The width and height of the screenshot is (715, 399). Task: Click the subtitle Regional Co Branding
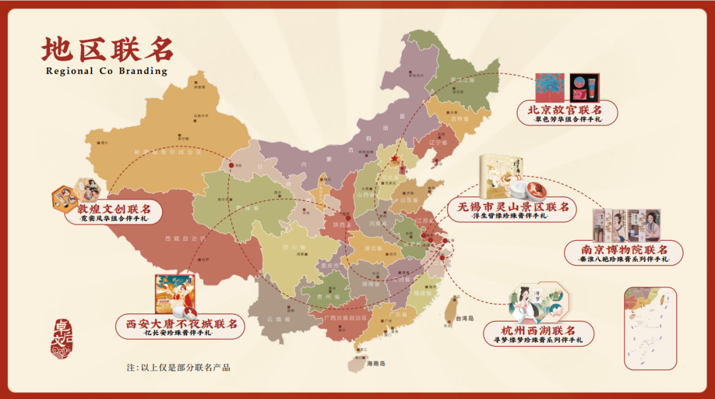[x=107, y=71]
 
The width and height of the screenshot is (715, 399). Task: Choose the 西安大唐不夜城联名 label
[x=177, y=325]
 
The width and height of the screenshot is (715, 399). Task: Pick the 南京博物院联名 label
[x=624, y=251]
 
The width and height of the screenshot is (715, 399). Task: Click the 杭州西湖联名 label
[x=538, y=330]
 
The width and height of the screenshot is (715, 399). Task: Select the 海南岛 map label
[x=375, y=363]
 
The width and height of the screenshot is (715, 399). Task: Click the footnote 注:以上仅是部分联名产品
[x=178, y=367]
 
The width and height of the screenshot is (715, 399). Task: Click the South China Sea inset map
[x=650, y=328]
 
